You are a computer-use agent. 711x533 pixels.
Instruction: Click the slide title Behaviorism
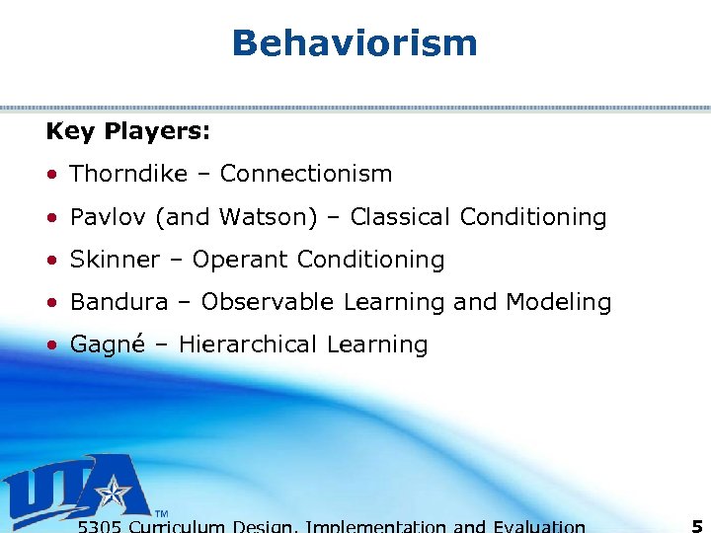(x=355, y=42)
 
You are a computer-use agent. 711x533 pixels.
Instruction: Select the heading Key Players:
(x=127, y=130)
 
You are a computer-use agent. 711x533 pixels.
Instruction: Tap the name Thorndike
(x=128, y=174)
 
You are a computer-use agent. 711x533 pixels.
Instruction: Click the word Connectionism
(x=306, y=174)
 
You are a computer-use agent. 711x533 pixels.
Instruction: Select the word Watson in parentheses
(x=259, y=217)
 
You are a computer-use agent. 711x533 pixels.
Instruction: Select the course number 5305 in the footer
(x=100, y=527)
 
